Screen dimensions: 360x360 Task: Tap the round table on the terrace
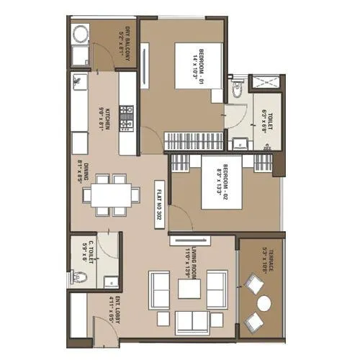(264, 303)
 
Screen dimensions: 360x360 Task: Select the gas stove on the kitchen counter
(127, 115)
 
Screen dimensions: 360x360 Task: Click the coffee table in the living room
(190, 289)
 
